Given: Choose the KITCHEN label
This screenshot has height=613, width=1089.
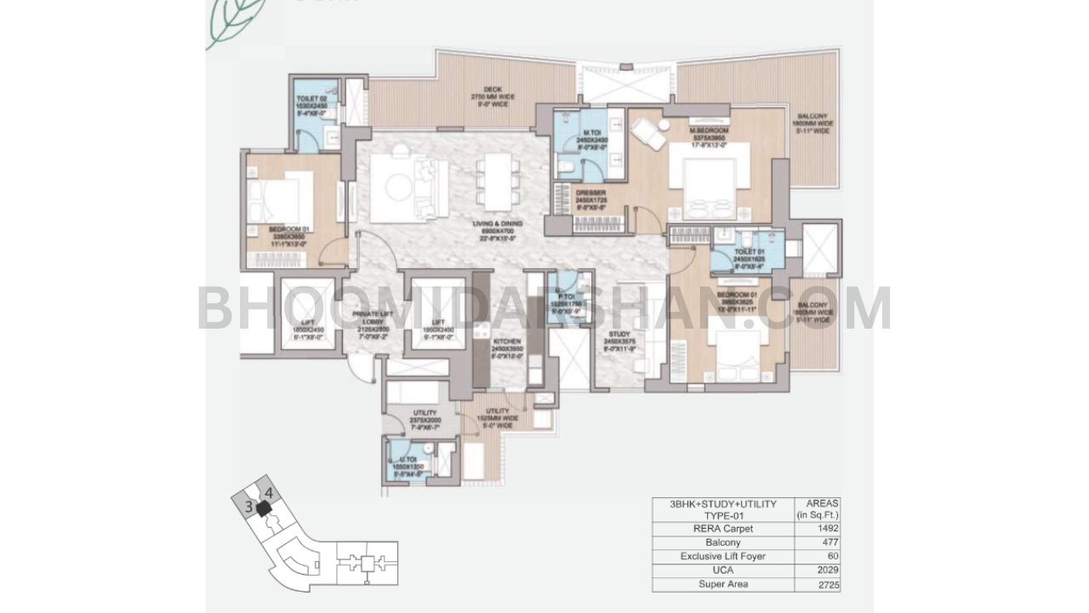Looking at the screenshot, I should pos(509,342).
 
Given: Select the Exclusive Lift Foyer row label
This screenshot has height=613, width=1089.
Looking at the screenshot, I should pos(722,557).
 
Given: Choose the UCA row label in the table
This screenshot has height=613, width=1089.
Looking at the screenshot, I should pos(722,570).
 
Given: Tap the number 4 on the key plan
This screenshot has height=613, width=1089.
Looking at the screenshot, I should pos(269,492).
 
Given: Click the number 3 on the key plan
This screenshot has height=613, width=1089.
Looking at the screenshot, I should pos(248,507).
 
